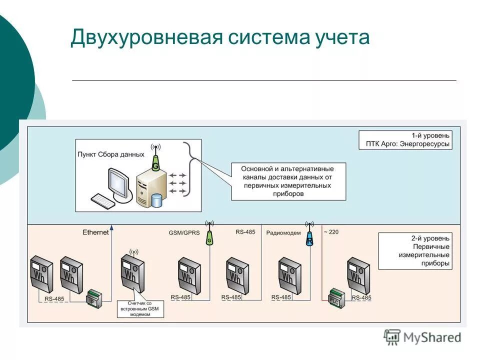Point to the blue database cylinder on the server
157,200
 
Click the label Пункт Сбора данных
111,154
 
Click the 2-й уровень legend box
415,250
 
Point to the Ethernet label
95,232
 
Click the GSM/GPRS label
184,232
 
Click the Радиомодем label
283,232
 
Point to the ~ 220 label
330,231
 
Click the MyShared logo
422,337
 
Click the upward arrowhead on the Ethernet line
111,228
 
